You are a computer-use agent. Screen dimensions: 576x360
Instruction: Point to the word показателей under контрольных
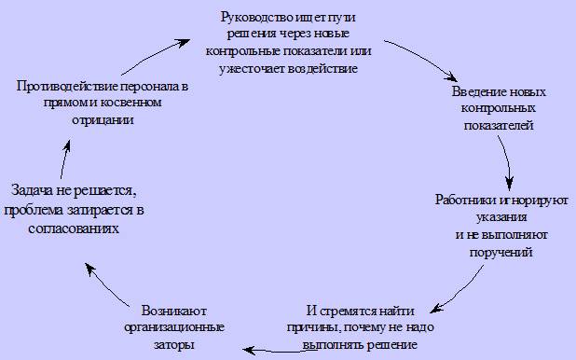click(x=499, y=125)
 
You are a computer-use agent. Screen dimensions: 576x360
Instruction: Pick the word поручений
click(x=501, y=253)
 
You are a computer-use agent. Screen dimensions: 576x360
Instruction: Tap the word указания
click(x=501, y=217)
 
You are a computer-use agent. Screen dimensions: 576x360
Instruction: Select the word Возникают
click(x=174, y=311)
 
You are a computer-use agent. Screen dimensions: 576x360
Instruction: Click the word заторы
click(x=173, y=345)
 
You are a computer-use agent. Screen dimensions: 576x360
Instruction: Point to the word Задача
click(x=32, y=190)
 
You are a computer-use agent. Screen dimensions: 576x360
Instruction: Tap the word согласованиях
click(x=74, y=228)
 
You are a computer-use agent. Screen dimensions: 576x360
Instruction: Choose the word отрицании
click(x=103, y=120)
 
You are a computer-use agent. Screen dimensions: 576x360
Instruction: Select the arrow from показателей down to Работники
click(x=507, y=161)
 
